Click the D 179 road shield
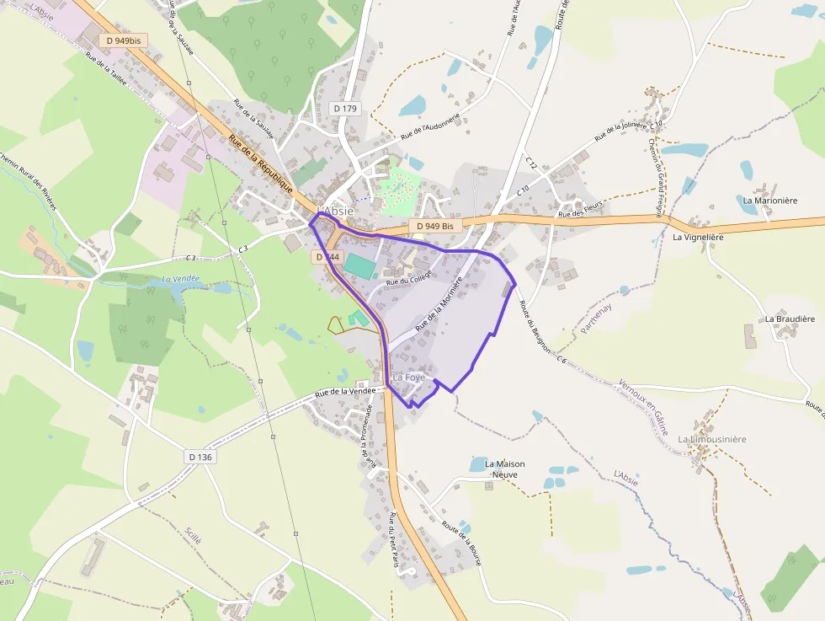pos(345,108)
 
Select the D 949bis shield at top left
pos(120,40)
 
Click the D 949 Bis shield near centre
pos(435,226)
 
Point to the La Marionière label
pos(770,201)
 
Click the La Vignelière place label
pos(698,238)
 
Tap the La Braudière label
pos(790,319)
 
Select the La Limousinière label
pos(712,439)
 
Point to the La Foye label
pos(408,377)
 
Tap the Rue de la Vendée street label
pos(343,391)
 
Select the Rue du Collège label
pos(408,276)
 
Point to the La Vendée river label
pos(180,278)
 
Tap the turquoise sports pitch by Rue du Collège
pos(359,266)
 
